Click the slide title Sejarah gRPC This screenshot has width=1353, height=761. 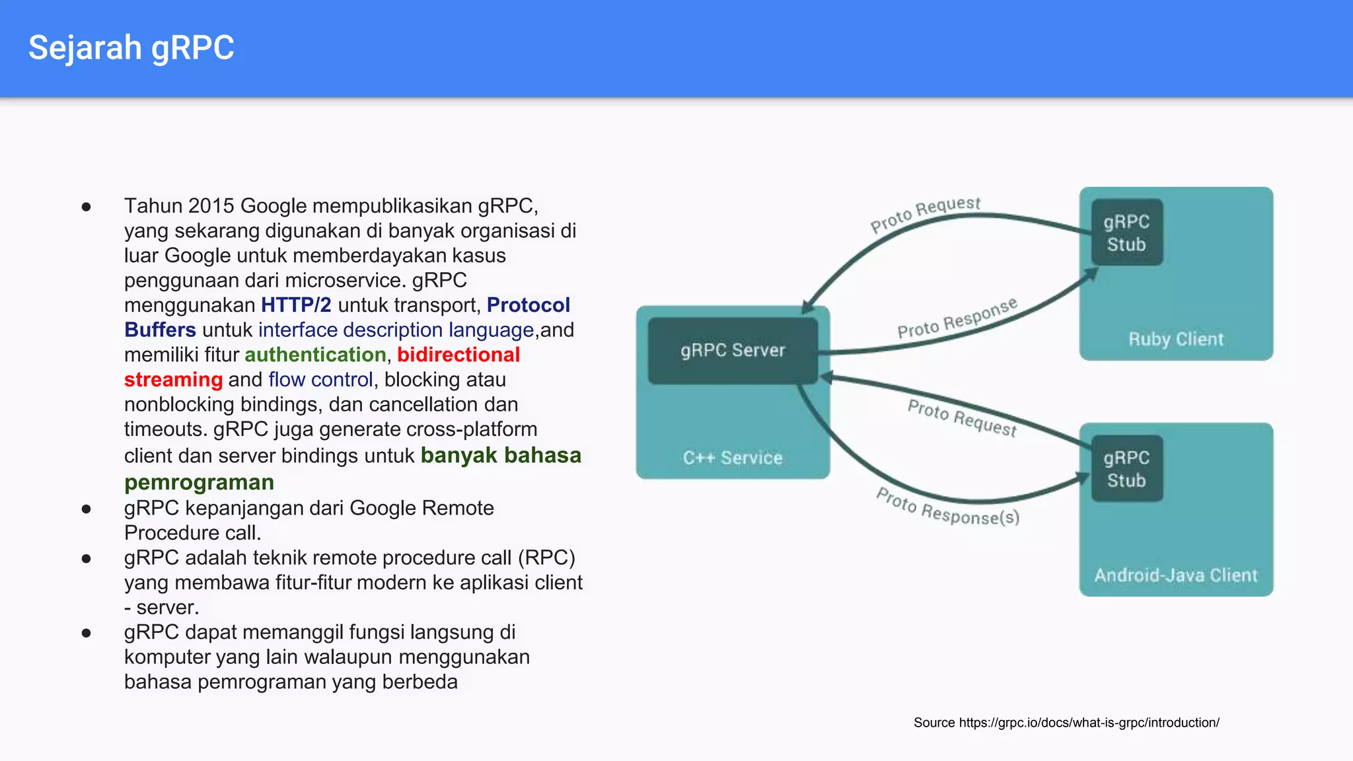click(x=131, y=48)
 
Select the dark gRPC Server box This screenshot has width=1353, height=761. click(x=732, y=351)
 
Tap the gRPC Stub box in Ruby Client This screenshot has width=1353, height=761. click(x=1126, y=233)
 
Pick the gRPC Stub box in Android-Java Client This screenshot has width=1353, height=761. click(x=1126, y=469)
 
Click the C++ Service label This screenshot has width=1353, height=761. click(x=732, y=458)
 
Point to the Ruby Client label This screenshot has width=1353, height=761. click(x=1175, y=340)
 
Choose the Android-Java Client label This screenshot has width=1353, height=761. click(x=1175, y=575)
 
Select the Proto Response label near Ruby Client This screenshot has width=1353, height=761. click(x=957, y=318)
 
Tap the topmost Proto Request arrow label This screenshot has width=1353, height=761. click(x=925, y=214)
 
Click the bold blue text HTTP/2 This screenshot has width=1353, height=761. click(x=296, y=305)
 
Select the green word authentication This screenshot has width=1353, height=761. click(x=315, y=355)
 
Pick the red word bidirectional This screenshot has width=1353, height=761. click(x=458, y=355)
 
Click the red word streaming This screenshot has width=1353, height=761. click(x=173, y=380)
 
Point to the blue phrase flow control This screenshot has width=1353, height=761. click(x=320, y=380)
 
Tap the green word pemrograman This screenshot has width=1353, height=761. click(x=199, y=483)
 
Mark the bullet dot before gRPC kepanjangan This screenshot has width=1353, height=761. click(x=86, y=509)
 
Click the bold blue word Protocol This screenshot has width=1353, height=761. click(x=528, y=305)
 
